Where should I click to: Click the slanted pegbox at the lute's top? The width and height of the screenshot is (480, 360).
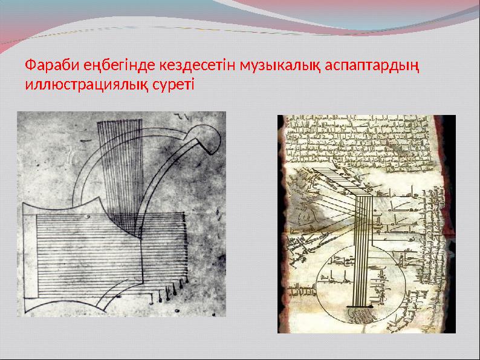329,182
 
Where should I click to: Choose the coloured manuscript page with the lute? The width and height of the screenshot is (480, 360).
366,224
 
